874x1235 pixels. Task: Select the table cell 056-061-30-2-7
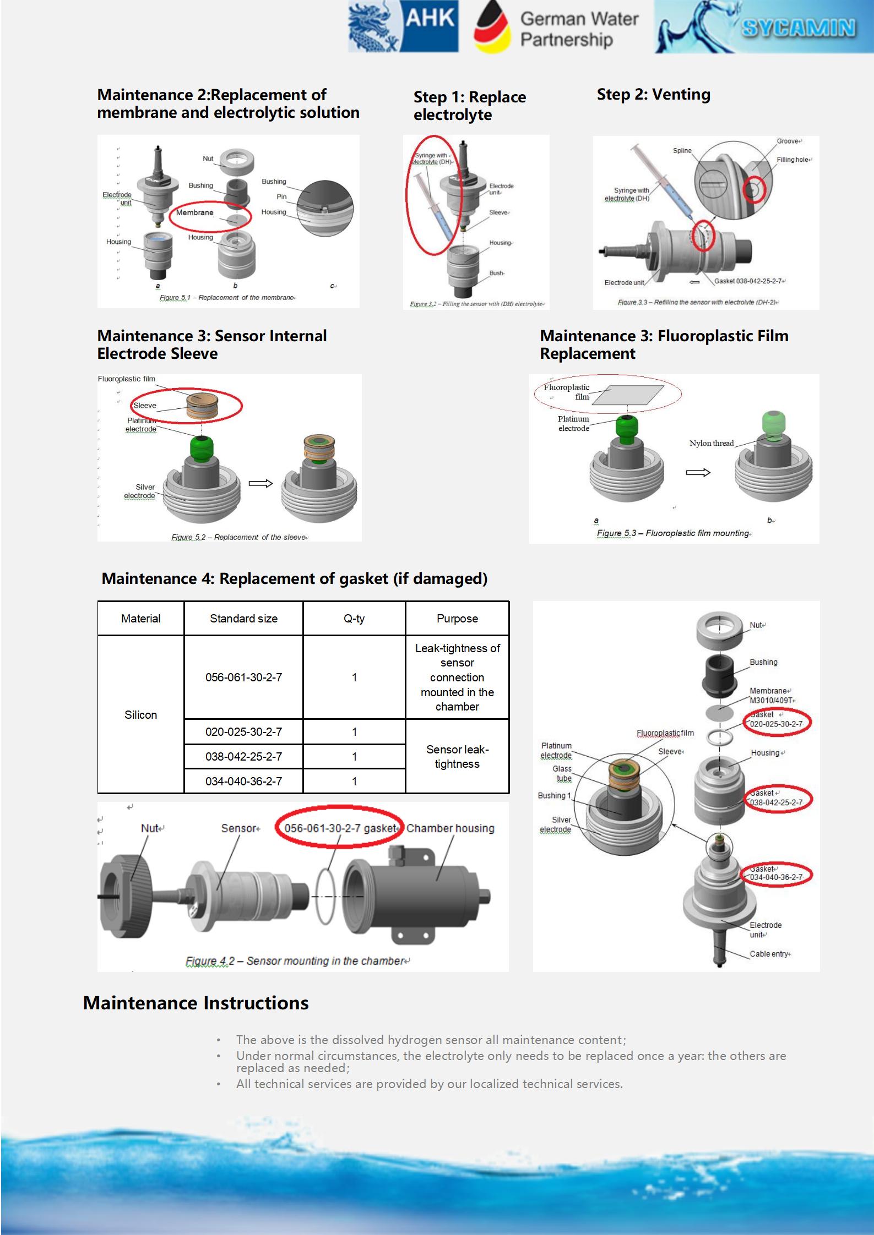coord(243,677)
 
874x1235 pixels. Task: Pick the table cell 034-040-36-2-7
coord(243,781)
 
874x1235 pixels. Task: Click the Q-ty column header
coord(354,619)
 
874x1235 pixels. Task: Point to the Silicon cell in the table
coord(140,715)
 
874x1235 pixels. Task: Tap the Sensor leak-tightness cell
coord(457,757)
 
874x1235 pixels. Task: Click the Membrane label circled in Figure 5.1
coord(195,212)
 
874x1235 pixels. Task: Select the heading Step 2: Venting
coord(654,94)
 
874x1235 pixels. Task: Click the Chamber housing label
coord(450,828)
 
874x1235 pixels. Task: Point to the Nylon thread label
coord(712,443)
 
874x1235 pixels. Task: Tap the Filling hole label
coord(793,160)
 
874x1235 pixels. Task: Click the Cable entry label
coord(769,954)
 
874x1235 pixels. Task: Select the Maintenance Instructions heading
coord(196,1003)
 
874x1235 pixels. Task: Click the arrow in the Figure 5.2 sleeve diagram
coord(260,483)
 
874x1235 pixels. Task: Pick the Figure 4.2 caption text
coord(297,961)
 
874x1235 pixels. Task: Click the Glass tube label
coord(562,773)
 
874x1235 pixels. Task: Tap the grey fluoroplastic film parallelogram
coord(628,395)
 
